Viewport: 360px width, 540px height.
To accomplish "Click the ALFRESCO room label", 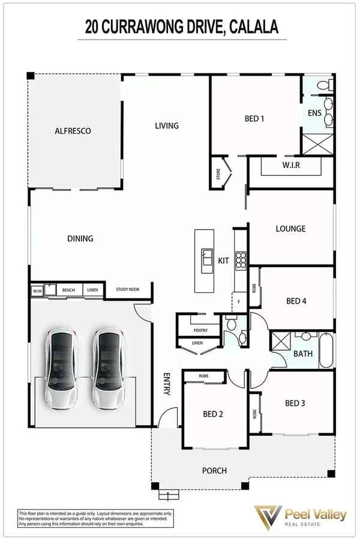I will pyautogui.click(x=72, y=130).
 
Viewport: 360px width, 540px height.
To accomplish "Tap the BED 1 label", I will pyautogui.click(x=254, y=118).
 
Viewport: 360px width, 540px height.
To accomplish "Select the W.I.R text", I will pyautogui.click(x=291, y=165).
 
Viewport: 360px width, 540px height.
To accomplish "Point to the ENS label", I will pyautogui.click(x=314, y=113).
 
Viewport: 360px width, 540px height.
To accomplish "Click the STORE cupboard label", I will pyautogui.click(x=218, y=175).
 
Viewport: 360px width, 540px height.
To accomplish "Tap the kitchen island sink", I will pyautogui.click(x=206, y=257).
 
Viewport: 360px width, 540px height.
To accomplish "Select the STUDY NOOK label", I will pyautogui.click(x=128, y=290).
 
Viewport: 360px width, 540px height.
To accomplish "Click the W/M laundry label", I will pyautogui.click(x=36, y=290).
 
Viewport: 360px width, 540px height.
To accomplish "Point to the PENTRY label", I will pyautogui.click(x=200, y=331).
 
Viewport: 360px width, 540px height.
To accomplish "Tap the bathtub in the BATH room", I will pyautogui.click(x=326, y=350).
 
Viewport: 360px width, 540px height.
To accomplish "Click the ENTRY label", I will pyautogui.click(x=167, y=384).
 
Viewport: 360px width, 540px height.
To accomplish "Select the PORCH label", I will pyautogui.click(x=214, y=470).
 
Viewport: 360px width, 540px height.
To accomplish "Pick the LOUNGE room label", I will pyautogui.click(x=290, y=229).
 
